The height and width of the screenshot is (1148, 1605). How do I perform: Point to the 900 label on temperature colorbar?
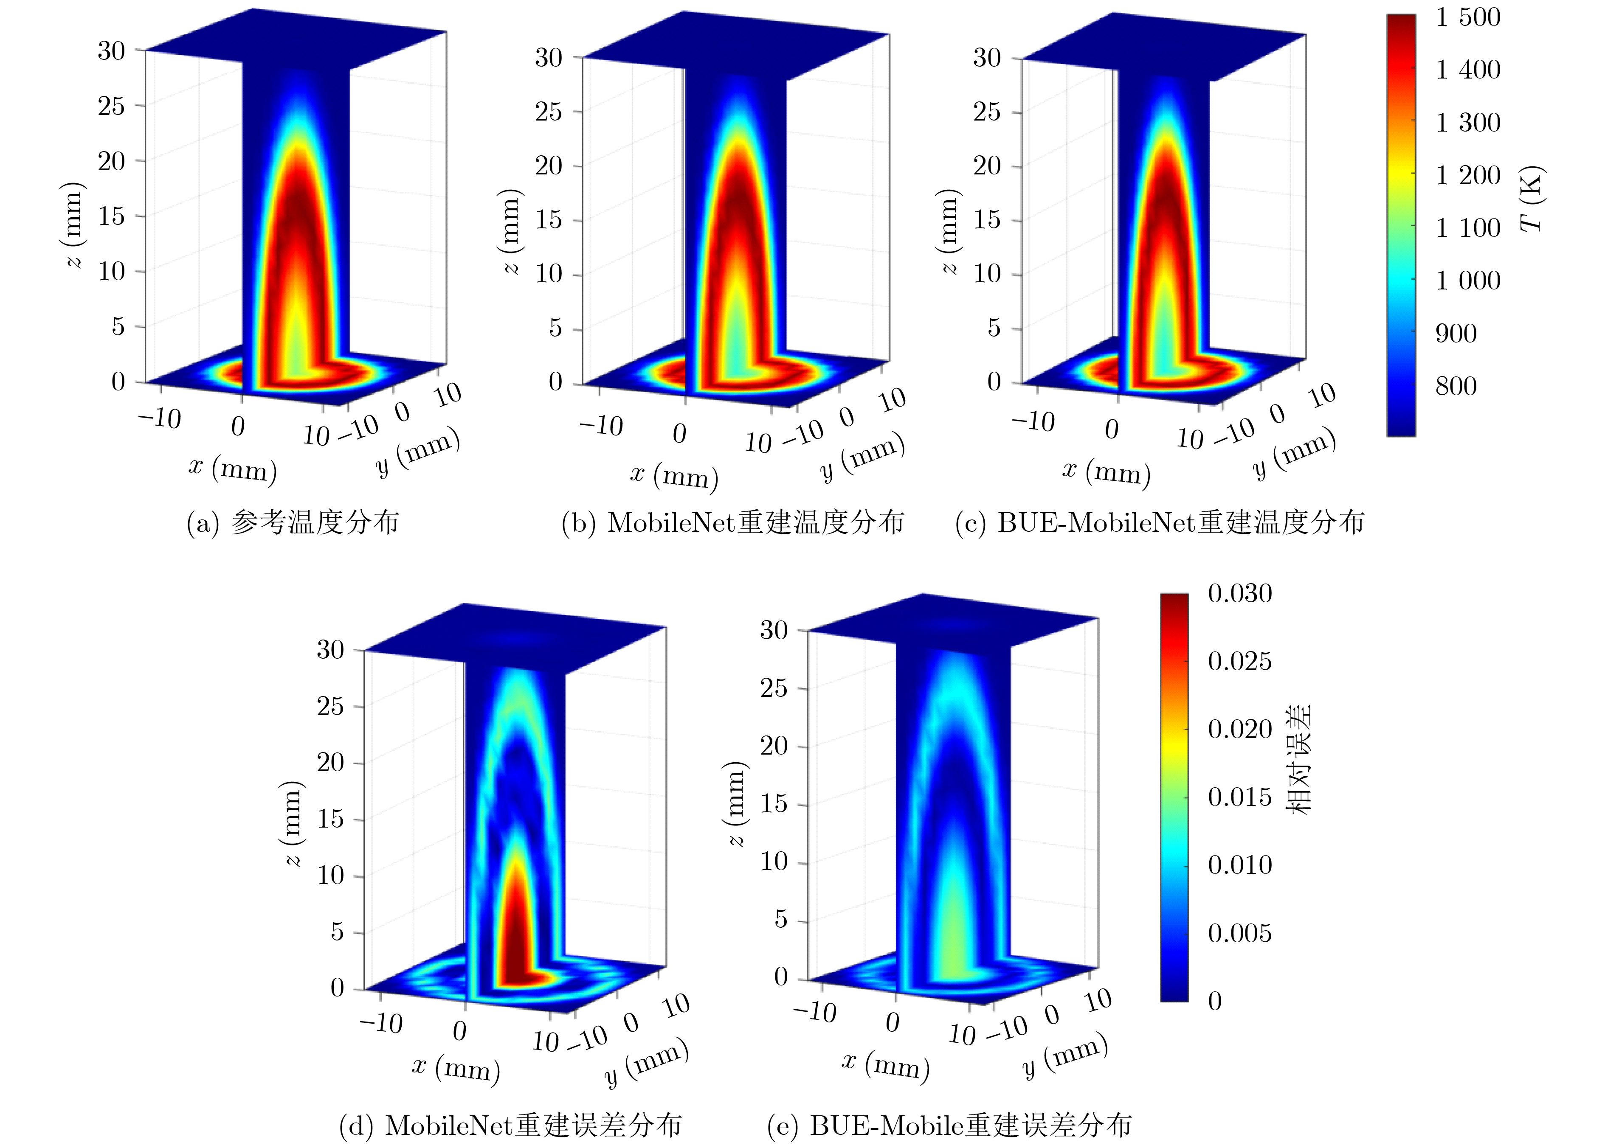(x=1456, y=333)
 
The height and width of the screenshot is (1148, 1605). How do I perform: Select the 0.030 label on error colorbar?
(x=1239, y=593)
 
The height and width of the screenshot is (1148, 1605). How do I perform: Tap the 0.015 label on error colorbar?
(x=1239, y=797)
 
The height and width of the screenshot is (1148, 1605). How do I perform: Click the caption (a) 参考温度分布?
(x=293, y=522)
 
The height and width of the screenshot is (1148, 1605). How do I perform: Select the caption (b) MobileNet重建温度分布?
(x=732, y=522)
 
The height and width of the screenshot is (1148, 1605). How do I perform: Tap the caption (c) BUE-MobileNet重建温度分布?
(x=1160, y=522)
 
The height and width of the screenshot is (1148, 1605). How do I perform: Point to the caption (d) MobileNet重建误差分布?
(x=510, y=1126)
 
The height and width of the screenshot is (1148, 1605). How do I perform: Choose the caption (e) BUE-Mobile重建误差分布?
(x=949, y=1126)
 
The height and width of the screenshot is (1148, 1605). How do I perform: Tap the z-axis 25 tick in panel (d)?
(x=330, y=706)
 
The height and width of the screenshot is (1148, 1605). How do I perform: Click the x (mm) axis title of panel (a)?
(x=233, y=469)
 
